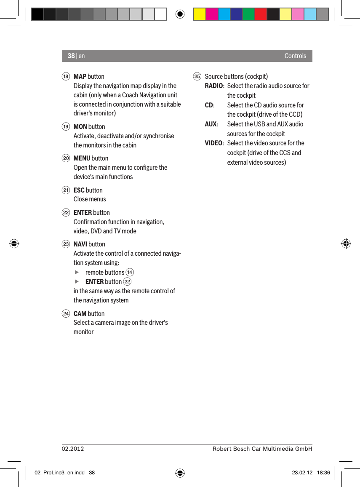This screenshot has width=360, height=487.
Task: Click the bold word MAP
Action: (80, 76)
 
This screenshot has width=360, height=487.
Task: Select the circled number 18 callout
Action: (66, 77)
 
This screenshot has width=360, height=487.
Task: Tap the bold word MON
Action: (80, 126)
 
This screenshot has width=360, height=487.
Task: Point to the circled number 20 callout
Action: (66, 158)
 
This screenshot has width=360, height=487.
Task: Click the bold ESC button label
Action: (79, 190)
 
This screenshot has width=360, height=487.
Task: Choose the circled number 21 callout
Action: (66, 190)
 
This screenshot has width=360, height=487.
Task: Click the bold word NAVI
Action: (80, 244)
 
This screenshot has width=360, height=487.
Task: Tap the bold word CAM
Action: (80, 313)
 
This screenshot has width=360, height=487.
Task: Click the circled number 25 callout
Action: (197, 77)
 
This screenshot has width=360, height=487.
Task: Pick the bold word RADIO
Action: (214, 86)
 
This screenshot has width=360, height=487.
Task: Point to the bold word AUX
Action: (211, 124)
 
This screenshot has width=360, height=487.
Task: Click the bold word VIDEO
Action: (213, 143)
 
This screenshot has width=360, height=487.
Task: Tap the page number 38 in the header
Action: (71, 56)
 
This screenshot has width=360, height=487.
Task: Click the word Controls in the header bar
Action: (295, 56)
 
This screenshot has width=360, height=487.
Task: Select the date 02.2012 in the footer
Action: (73, 449)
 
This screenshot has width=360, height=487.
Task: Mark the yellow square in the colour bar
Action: (199, 14)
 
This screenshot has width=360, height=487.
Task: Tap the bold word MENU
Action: (82, 158)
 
